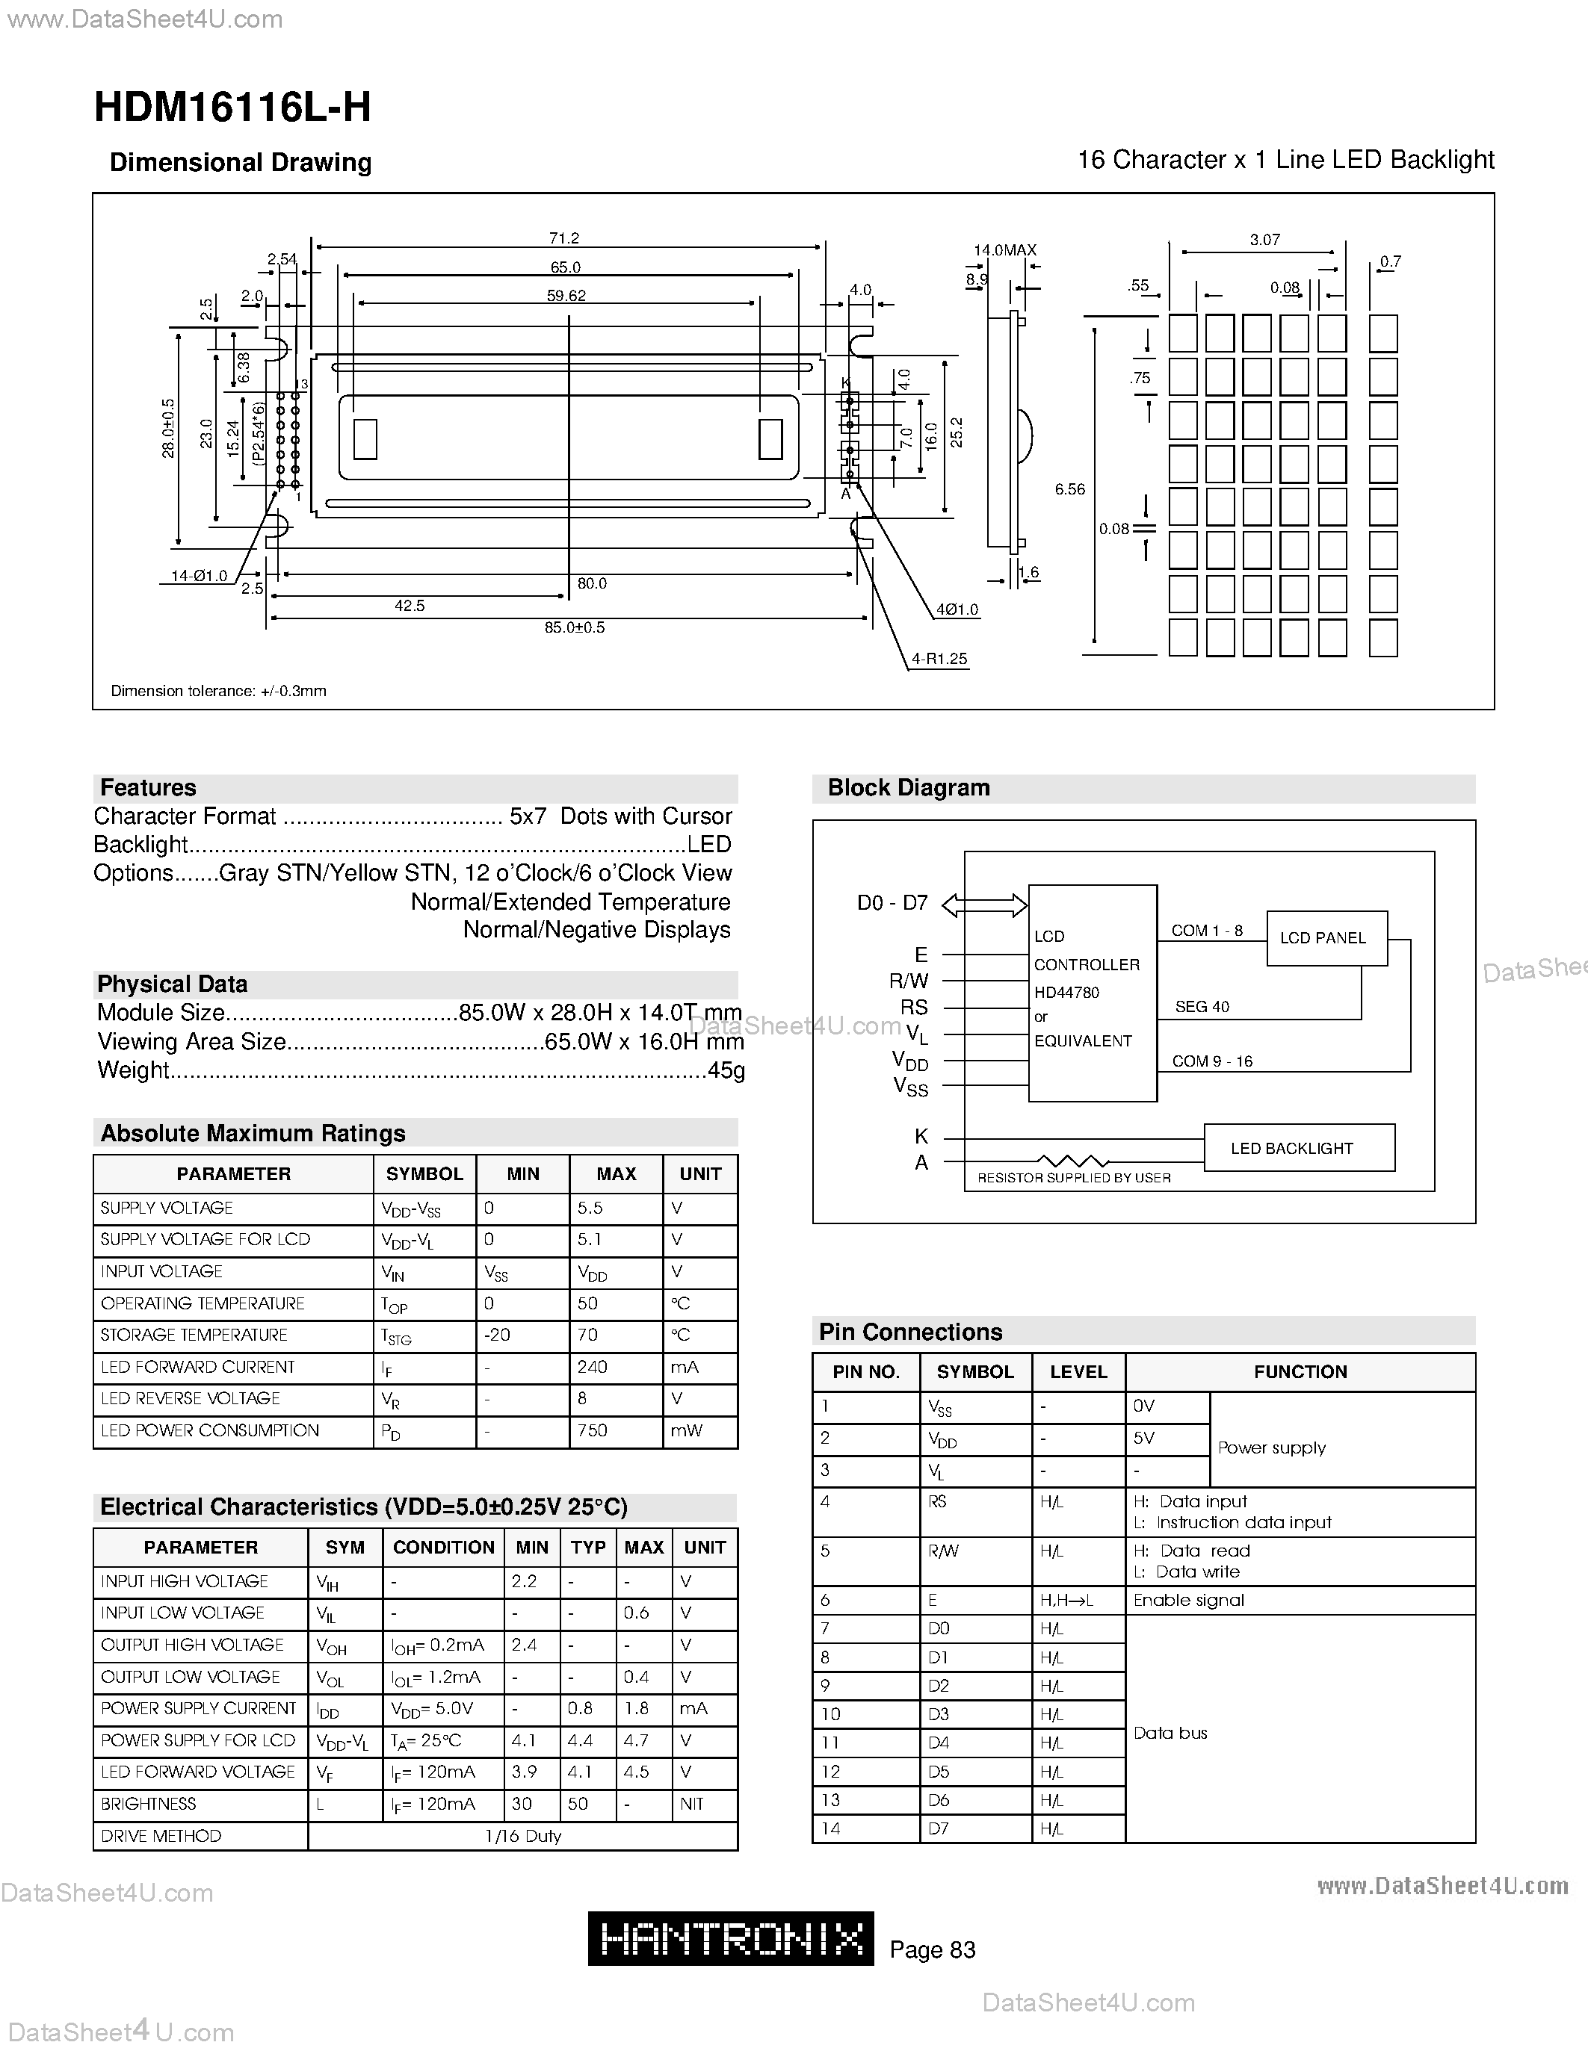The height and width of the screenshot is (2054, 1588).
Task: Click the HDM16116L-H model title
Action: point(232,108)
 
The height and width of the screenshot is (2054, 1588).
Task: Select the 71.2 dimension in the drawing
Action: point(564,239)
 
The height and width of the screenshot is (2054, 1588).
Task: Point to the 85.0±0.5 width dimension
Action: point(574,627)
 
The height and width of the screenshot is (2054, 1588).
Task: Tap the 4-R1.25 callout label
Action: point(939,658)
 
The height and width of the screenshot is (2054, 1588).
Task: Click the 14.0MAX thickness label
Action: point(1004,250)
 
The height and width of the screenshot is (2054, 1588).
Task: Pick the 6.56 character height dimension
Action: point(1069,489)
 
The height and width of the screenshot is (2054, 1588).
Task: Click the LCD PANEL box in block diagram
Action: point(1326,937)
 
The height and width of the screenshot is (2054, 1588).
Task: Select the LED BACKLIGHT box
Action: point(1298,1147)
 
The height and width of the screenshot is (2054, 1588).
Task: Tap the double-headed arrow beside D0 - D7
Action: point(984,905)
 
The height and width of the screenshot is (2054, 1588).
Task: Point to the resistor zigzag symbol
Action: point(1072,1161)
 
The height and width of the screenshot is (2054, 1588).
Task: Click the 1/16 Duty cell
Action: point(523,1836)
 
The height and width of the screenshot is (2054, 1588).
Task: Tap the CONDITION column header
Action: point(443,1547)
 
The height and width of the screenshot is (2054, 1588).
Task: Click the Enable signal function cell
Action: point(1188,1600)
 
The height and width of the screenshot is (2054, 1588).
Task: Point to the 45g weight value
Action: point(726,1070)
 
